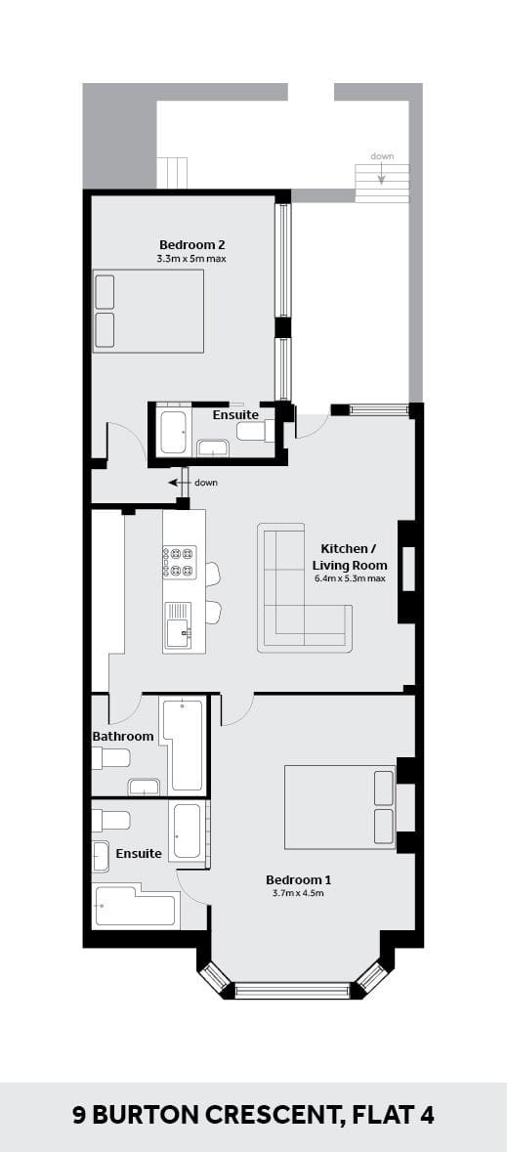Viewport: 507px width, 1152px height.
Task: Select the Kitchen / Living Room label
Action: tap(350, 557)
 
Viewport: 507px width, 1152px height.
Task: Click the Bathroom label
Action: tap(123, 736)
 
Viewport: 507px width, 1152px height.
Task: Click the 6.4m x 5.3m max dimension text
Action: tap(350, 579)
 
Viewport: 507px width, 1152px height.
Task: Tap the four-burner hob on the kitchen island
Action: tap(180, 562)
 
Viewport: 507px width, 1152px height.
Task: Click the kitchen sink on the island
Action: tap(178, 626)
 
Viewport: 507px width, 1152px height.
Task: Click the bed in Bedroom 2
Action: tap(148, 311)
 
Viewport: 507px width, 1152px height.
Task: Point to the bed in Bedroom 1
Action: tap(340, 807)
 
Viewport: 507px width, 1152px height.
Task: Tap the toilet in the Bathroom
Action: tap(111, 758)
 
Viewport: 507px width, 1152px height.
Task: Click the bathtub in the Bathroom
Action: tap(182, 745)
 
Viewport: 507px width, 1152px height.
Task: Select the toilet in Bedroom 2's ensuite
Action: tap(256, 430)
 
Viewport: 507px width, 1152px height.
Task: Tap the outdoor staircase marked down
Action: tap(382, 184)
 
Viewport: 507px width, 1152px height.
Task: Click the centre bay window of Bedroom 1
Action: tap(292, 991)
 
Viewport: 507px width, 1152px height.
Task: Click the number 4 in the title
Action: tap(427, 1116)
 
